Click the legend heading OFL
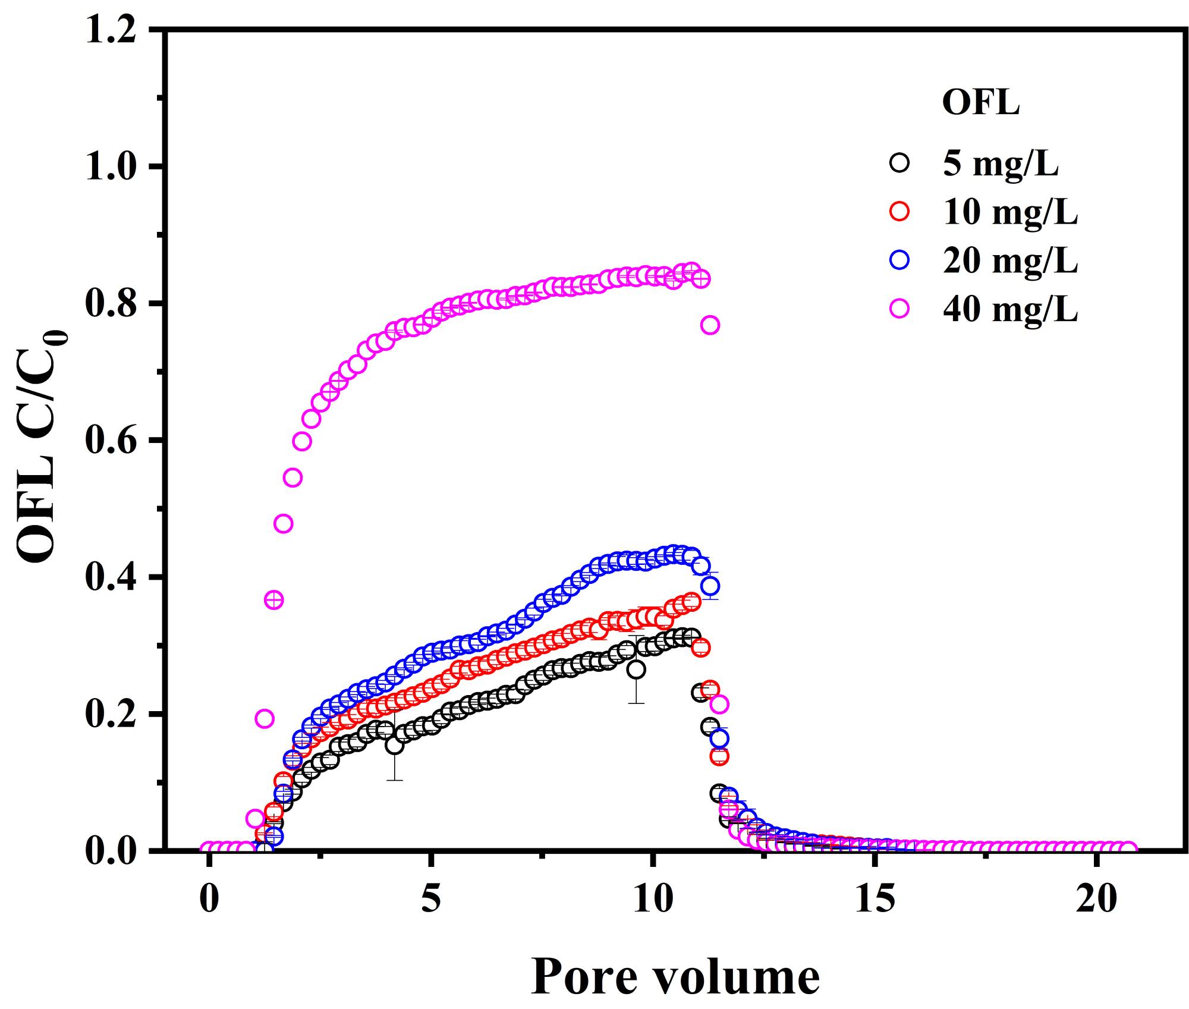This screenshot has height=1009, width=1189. [980, 103]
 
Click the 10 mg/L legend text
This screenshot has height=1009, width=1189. [1010, 212]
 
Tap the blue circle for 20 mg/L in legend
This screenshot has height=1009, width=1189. [900, 260]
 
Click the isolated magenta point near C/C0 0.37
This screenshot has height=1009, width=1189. [273, 600]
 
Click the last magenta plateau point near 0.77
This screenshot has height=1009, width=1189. [710, 325]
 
